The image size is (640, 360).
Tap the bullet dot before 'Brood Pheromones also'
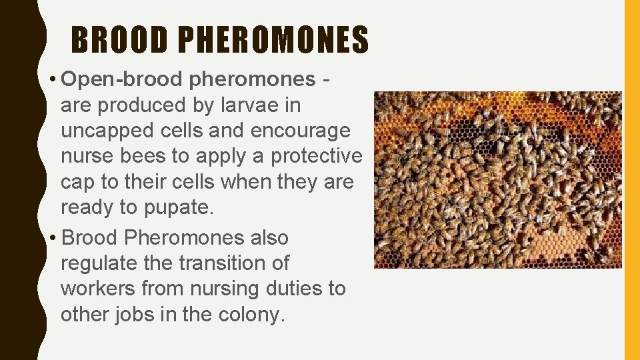tap(52, 239)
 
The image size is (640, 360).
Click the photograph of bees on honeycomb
tap(497, 180)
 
